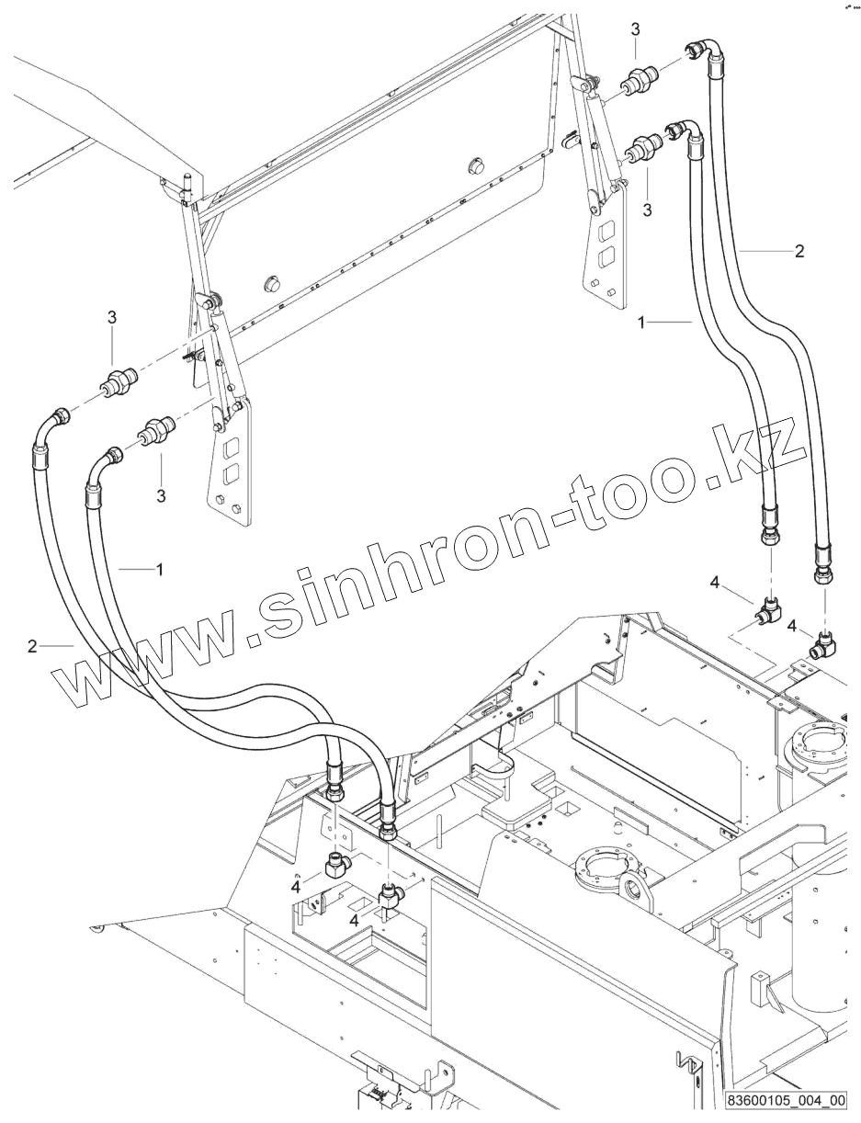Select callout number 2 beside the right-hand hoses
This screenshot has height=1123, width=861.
tap(799, 250)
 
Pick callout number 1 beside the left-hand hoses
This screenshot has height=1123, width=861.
tap(159, 570)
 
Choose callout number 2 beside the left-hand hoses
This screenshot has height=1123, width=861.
tap(32, 646)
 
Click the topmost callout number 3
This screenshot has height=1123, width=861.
tap(635, 30)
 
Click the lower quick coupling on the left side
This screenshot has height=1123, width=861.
tap(156, 429)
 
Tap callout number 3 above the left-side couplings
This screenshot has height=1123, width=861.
tap(112, 317)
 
